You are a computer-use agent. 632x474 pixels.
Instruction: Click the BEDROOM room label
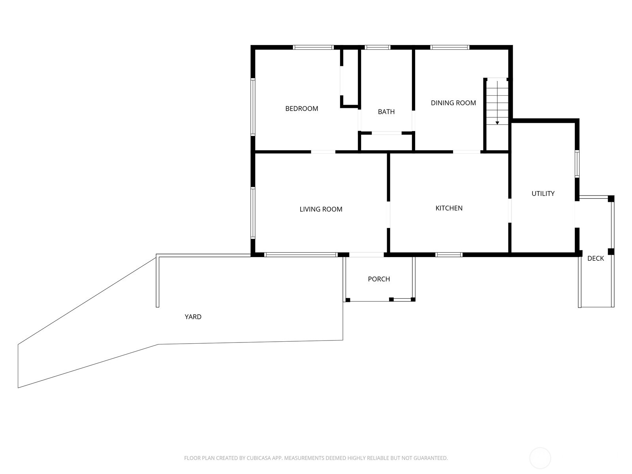pyautogui.click(x=301, y=109)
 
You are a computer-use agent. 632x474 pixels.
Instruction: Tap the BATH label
pyautogui.click(x=386, y=112)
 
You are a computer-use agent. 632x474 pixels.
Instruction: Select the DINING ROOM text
pyautogui.click(x=453, y=103)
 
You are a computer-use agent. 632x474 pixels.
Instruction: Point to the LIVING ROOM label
pyautogui.click(x=321, y=209)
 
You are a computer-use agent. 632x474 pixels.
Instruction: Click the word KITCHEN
pyautogui.click(x=449, y=208)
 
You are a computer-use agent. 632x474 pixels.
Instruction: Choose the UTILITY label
pyautogui.click(x=543, y=194)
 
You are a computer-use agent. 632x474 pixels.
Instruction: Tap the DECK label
pyautogui.click(x=595, y=258)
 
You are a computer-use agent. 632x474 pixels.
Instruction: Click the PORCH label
pyautogui.click(x=379, y=279)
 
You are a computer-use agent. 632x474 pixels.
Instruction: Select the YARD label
pyautogui.click(x=193, y=317)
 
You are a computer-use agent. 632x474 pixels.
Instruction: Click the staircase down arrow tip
pyautogui.click(x=497, y=124)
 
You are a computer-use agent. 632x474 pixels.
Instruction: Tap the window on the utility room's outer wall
pyautogui.click(x=577, y=164)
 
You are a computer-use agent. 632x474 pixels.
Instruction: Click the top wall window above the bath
pyautogui.click(x=378, y=47)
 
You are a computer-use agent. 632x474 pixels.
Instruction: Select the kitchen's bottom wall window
pyautogui.click(x=449, y=255)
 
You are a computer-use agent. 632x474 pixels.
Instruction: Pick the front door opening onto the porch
pyautogui.click(x=366, y=255)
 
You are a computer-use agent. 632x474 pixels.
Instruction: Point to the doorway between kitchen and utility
pyautogui.click(x=510, y=211)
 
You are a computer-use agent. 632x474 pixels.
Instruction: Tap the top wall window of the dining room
pyautogui.click(x=450, y=47)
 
